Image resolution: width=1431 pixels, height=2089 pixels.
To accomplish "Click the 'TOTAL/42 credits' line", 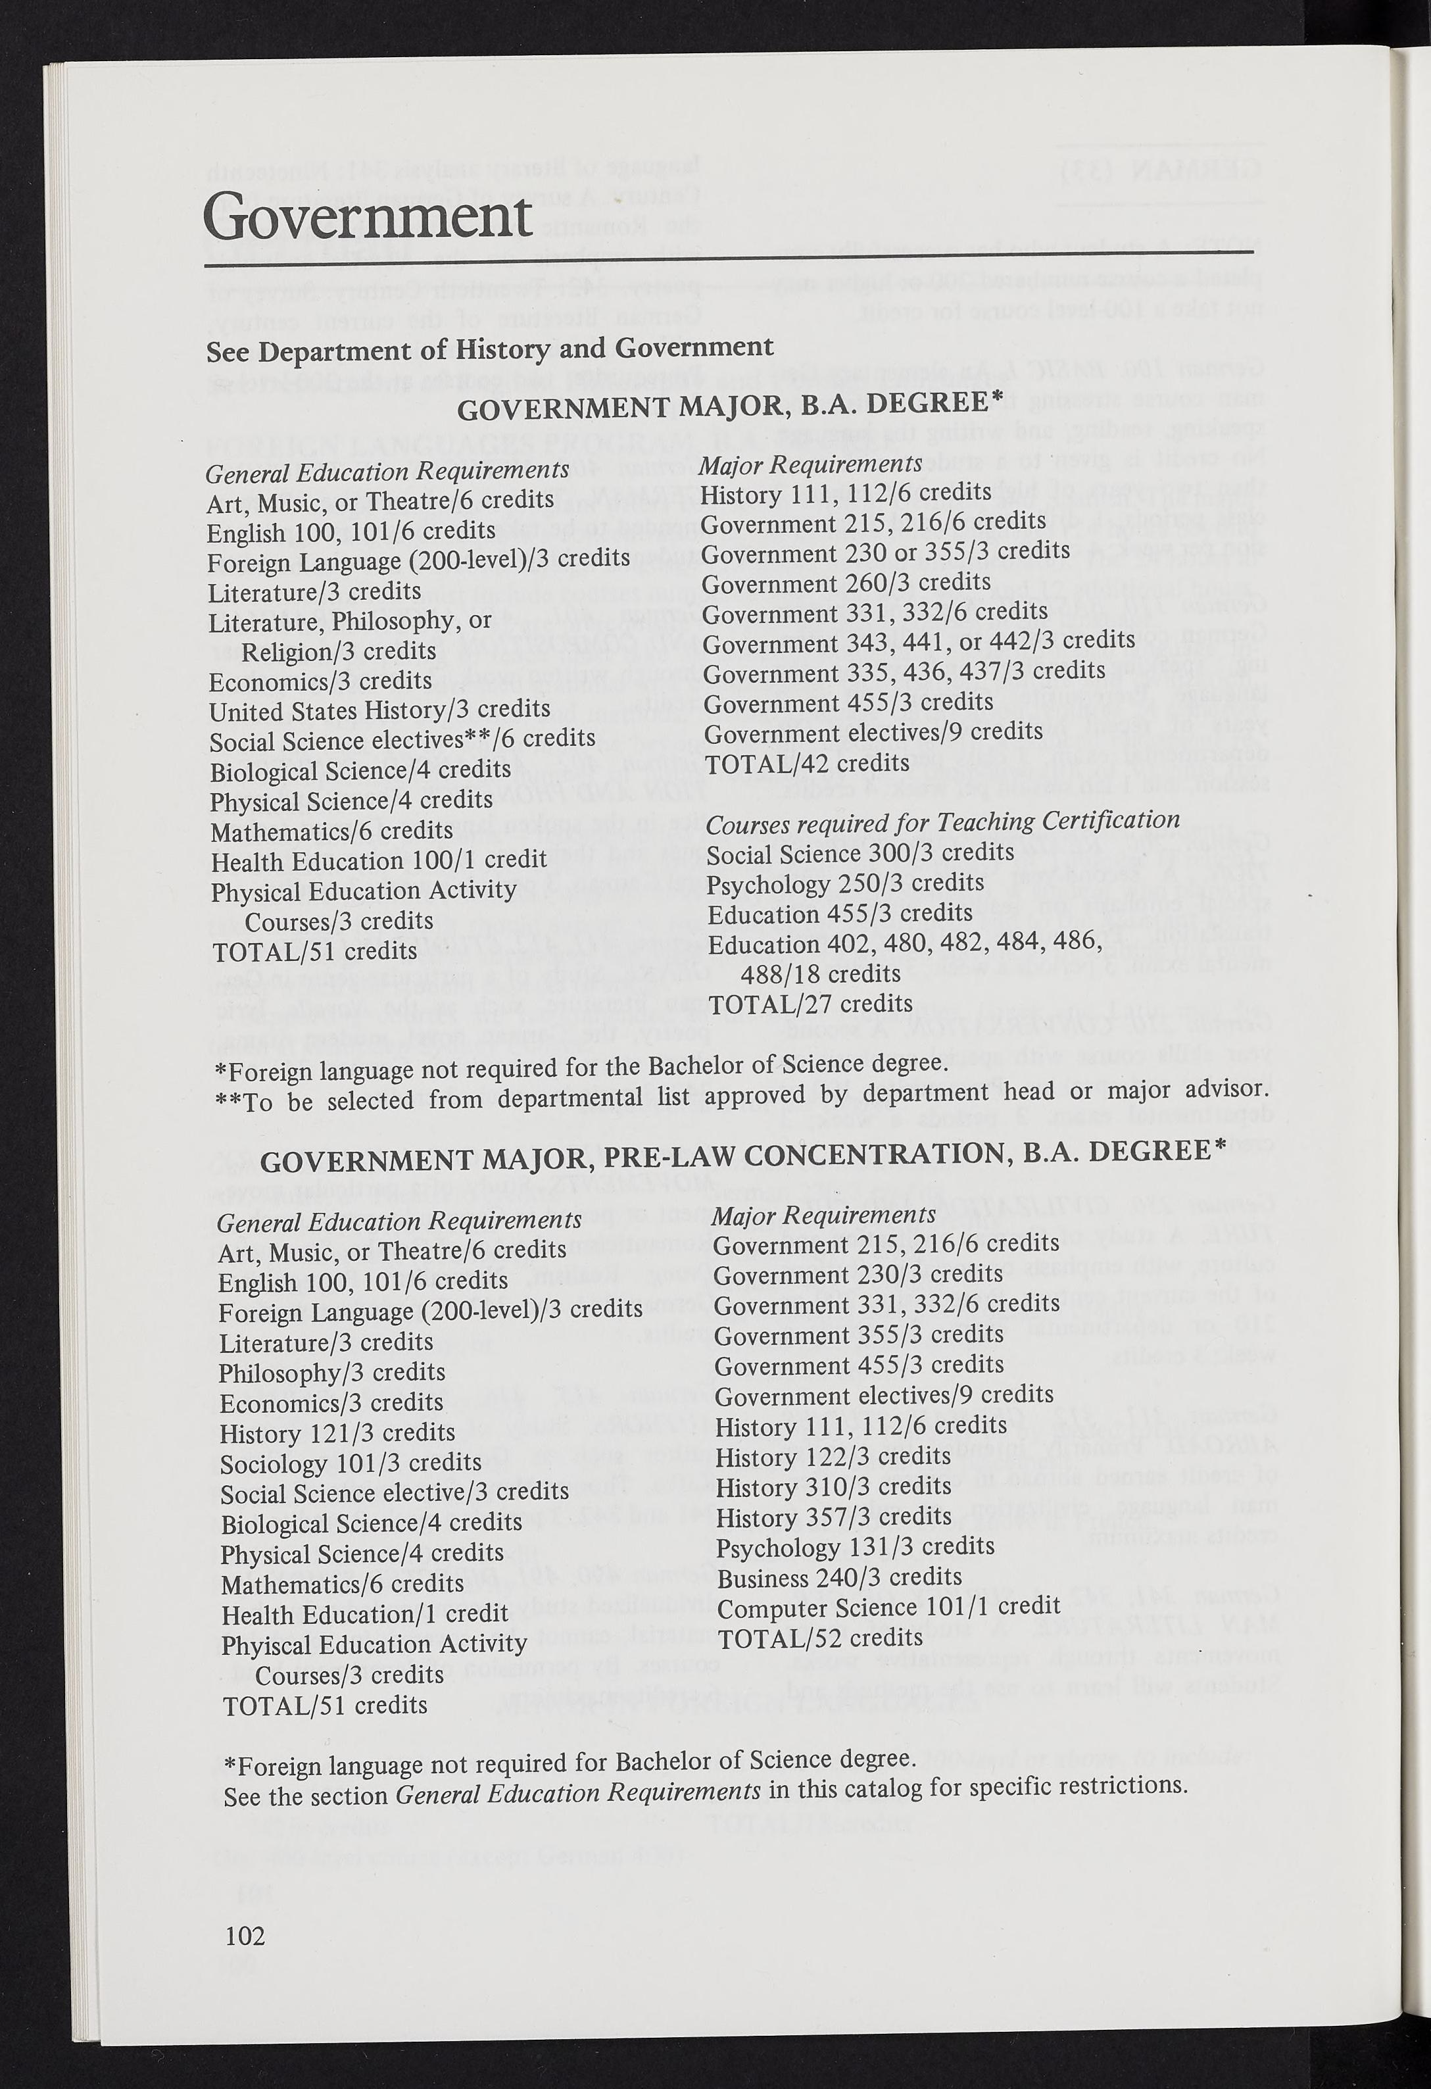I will (806, 763).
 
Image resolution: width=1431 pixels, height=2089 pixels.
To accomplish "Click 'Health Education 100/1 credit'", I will (378, 860).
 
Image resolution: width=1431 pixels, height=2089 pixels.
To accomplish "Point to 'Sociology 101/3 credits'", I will (351, 1462).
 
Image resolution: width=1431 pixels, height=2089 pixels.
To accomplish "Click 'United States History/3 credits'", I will (379, 709).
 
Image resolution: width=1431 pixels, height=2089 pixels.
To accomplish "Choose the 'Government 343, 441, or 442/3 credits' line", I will (918, 641).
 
